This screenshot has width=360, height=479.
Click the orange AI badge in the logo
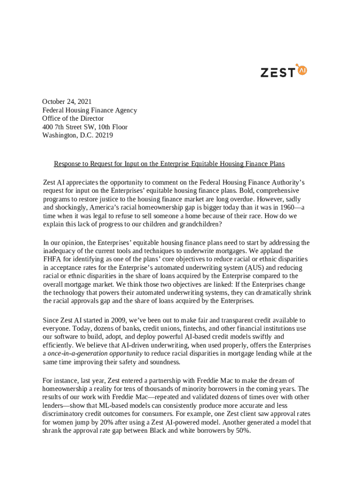pyautogui.click(x=302, y=70)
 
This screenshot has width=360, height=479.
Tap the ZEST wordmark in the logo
pyautogui.click(x=277, y=73)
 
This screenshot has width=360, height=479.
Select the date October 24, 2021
pyautogui.click(x=67, y=102)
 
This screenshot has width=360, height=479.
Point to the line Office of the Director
pyautogui.click(x=73, y=118)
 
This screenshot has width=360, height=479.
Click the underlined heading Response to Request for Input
pyautogui.click(x=169, y=164)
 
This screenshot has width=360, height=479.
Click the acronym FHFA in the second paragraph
pyautogui.click(x=52, y=259)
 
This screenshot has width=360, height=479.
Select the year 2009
pyautogui.click(x=117, y=320)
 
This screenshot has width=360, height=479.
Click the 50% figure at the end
pyautogui.click(x=243, y=431)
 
